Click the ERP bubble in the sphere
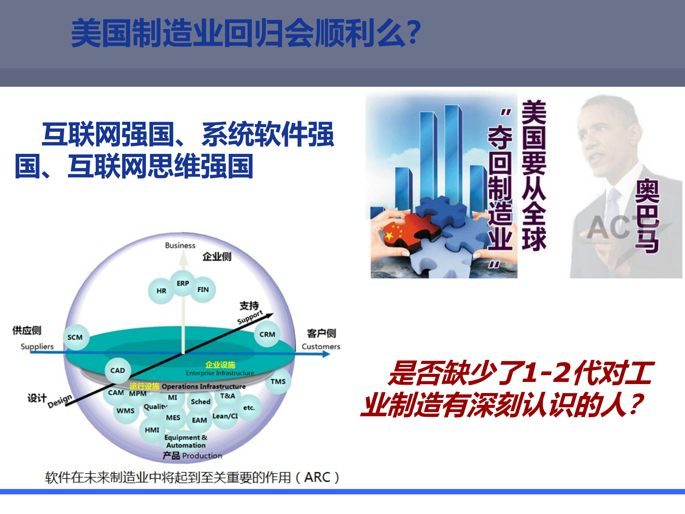(x=183, y=283)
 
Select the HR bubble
(x=161, y=291)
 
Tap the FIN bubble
(x=203, y=289)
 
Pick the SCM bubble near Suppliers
(x=75, y=337)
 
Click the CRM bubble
(x=267, y=334)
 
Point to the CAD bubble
(x=117, y=371)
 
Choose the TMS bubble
(x=278, y=382)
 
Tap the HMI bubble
(x=152, y=430)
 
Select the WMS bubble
(x=126, y=411)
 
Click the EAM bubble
(x=199, y=420)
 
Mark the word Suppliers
(x=37, y=347)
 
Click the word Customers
(x=321, y=347)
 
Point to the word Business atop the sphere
(x=180, y=246)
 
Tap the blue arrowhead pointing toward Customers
(x=326, y=354)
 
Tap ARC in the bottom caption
(x=317, y=477)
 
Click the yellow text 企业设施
(x=220, y=364)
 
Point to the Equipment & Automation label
(x=186, y=442)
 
